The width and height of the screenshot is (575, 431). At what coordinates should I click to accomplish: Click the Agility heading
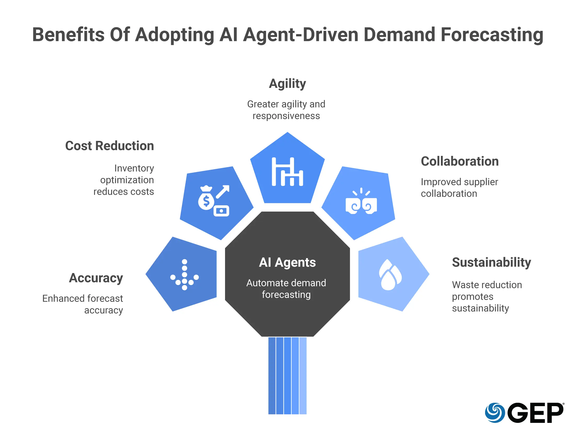pyautogui.click(x=287, y=84)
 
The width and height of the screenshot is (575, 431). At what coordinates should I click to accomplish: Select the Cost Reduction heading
pyautogui.click(x=110, y=146)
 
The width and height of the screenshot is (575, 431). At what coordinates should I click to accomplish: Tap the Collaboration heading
pyautogui.click(x=460, y=161)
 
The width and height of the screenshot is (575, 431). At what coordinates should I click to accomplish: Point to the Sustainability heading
pyautogui.click(x=491, y=262)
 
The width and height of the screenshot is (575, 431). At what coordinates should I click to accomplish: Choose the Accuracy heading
pyautogui.click(x=96, y=278)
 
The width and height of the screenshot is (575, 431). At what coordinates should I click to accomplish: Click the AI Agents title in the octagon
pyautogui.click(x=287, y=262)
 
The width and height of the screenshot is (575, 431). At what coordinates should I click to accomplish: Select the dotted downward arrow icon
pyautogui.click(x=185, y=275)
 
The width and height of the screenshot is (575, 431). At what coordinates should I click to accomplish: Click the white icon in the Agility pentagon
pyautogui.click(x=287, y=172)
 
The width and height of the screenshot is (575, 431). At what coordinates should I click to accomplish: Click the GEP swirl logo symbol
pyautogui.click(x=495, y=413)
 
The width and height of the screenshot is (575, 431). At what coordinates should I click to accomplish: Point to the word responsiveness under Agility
pyautogui.click(x=286, y=116)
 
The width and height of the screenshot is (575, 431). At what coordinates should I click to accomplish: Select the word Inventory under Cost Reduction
pyautogui.click(x=134, y=168)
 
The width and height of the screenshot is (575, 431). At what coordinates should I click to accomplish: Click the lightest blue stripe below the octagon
pyautogui.click(x=303, y=376)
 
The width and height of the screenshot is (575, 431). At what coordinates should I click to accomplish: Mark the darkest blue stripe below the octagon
pyautogui.click(x=272, y=376)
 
